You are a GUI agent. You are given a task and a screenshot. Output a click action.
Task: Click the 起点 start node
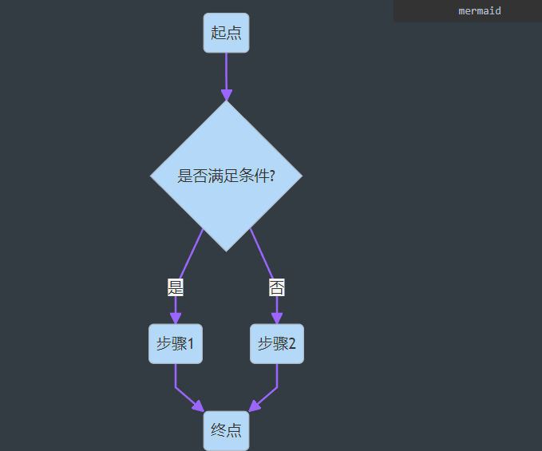(x=226, y=33)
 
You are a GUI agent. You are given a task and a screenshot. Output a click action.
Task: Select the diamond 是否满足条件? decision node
(x=226, y=176)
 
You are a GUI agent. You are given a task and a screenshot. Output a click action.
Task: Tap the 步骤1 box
(x=176, y=344)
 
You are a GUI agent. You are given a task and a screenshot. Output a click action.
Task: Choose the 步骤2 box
(x=277, y=344)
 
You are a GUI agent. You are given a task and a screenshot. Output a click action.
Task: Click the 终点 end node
(x=226, y=430)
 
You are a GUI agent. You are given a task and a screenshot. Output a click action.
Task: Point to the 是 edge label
(x=176, y=287)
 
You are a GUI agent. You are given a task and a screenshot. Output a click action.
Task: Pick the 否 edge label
(x=277, y=287)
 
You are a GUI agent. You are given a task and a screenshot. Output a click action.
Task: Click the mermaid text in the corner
(x=480, y=11)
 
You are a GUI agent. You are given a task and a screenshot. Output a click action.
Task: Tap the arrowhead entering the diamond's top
(x=227, y=94)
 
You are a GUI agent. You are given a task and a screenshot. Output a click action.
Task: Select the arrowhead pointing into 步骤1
(x=176, y=318)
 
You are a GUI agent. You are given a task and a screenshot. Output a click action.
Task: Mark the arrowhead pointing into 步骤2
(x=277, y=318)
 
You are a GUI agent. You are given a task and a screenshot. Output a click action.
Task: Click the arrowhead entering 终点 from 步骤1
(x=199, y=406)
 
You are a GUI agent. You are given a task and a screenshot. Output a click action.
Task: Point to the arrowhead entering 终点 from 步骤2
(x=254, y=406)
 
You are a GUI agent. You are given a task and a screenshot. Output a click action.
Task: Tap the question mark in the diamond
(x=272, y=176)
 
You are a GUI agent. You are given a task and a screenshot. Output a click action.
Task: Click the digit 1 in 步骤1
(x=191, y=344)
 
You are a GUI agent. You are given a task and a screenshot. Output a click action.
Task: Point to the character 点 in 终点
(x=234, y=430)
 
